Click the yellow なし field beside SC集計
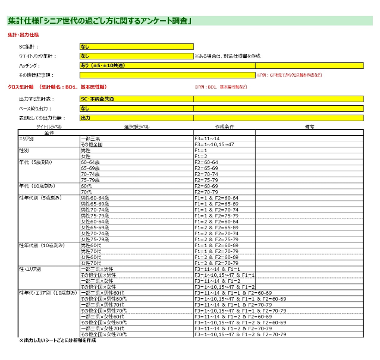pyautogui.click(x=136, y=46)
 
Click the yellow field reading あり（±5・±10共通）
pyautogui.click(x=136, y=66)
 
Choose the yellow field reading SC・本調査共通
pyautogui.click(x=136, y=99)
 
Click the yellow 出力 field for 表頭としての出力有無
pyautogui.click(x=136, y=118)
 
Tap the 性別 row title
pyautogui.click(x=26, y=150)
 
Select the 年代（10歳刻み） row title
pyautogui.click(x=39, y=186)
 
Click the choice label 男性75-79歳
pyautogui.click(x=95, y=216)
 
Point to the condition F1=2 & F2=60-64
pyautogui.click(x=216, y=222)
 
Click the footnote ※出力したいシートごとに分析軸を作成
pyautogui.click(x=58, y=341)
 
